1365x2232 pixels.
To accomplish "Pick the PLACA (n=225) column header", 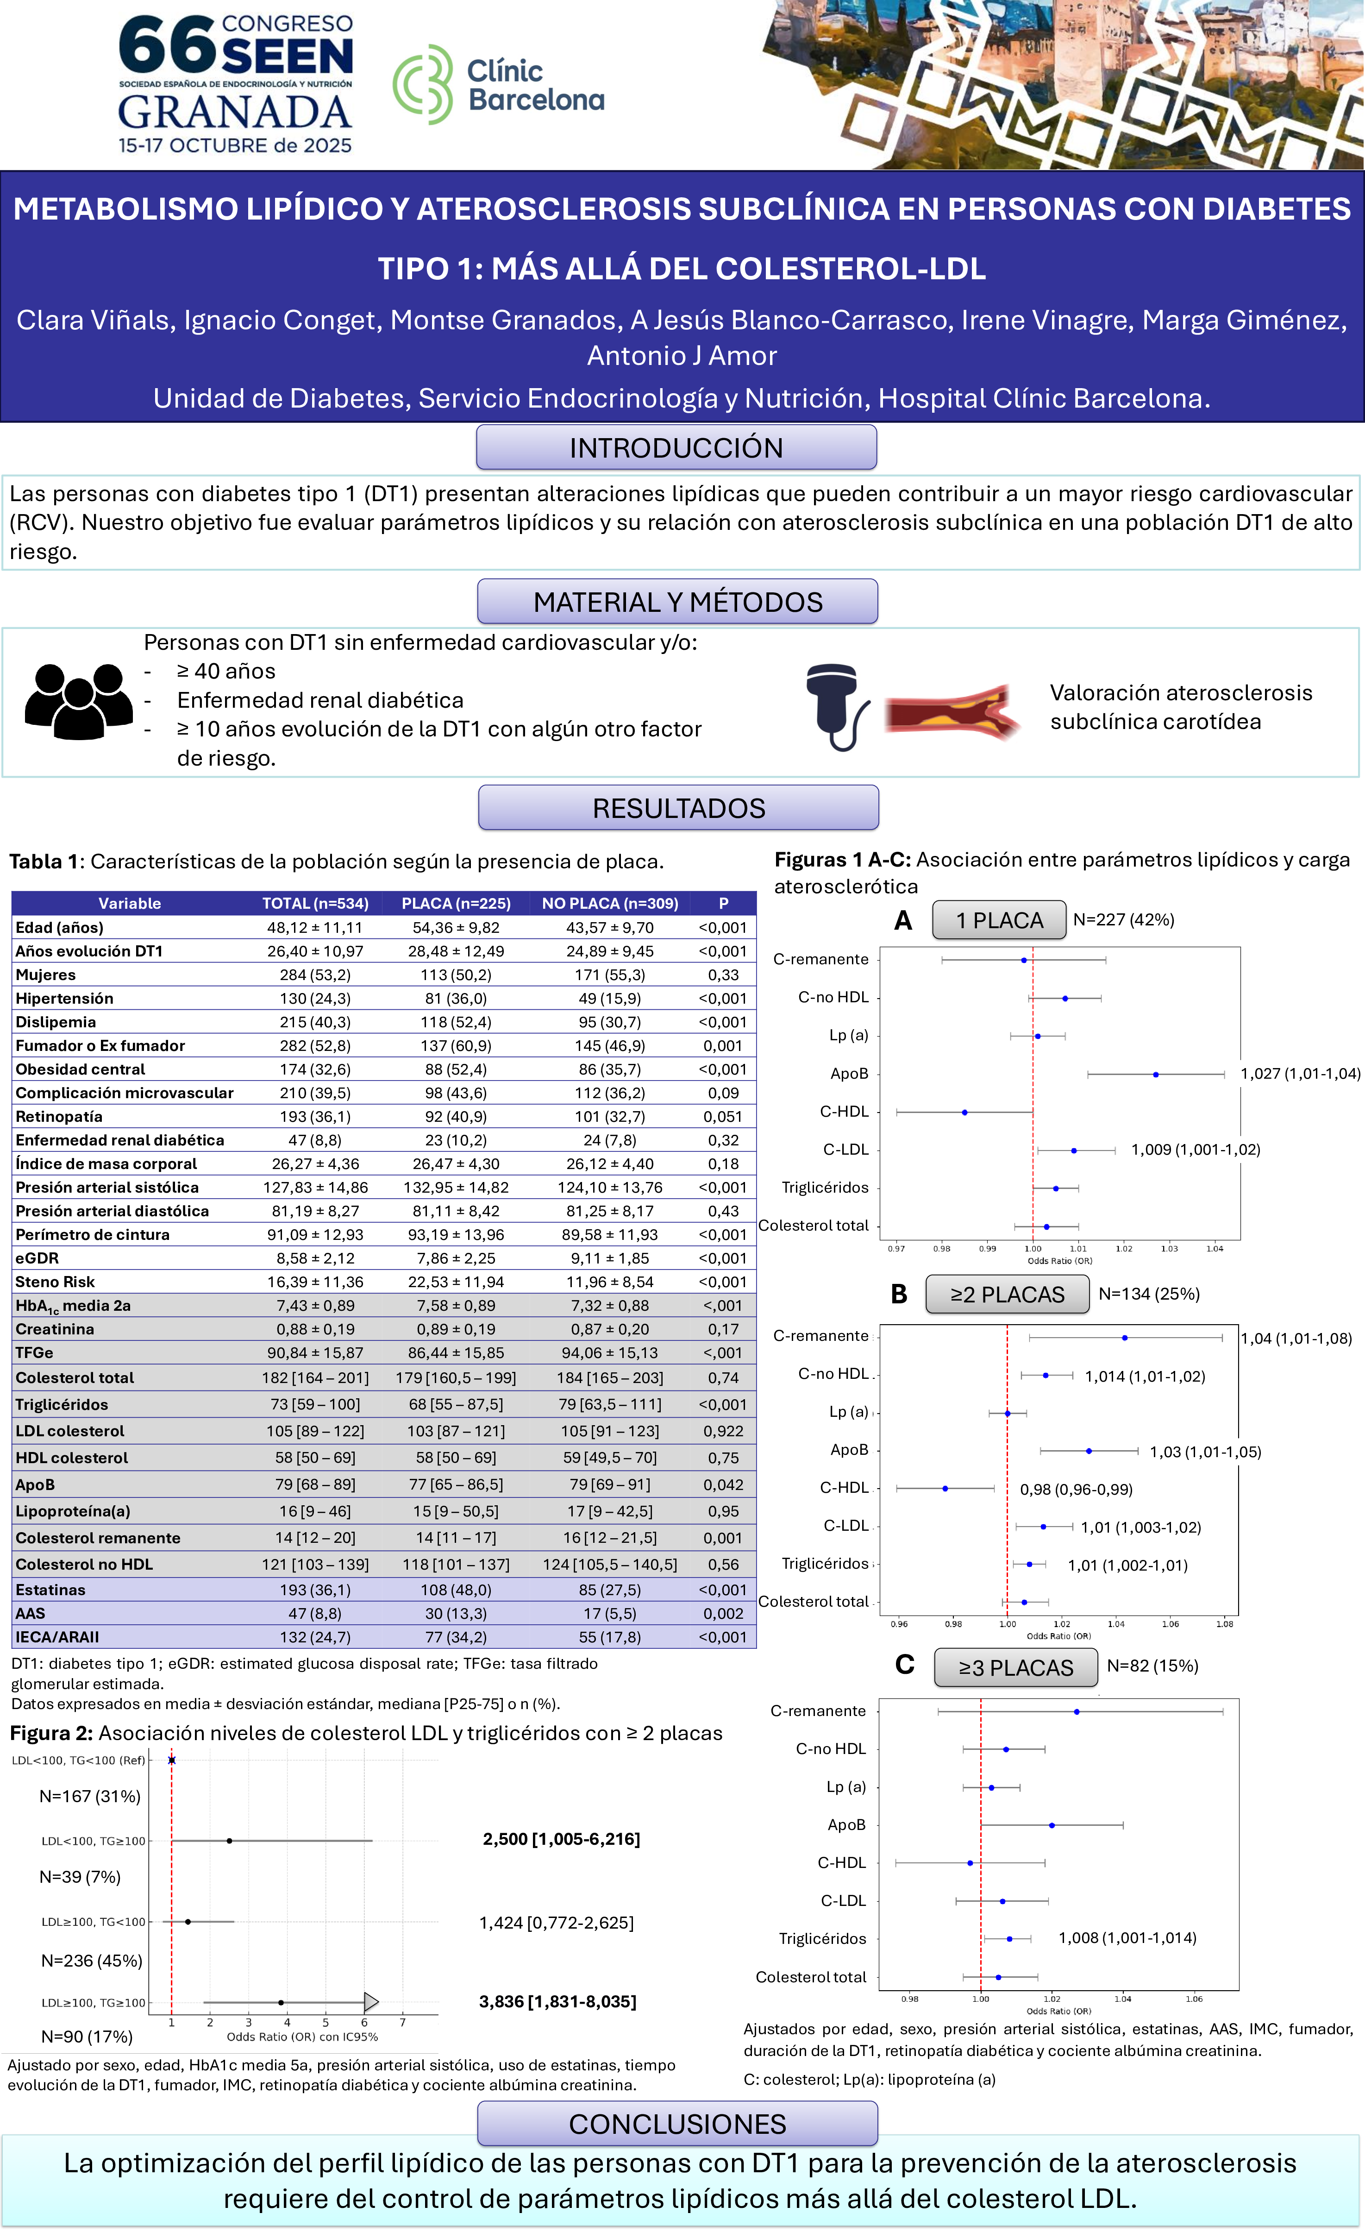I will (x=456, y=903).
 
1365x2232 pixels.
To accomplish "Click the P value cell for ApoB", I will (x=723, y=1484).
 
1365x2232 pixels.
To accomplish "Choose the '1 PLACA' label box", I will (x=999, y=920).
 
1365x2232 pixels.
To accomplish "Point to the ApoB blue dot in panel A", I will (x=1156, y=1075).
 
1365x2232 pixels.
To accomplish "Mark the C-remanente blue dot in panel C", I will (x=1076, y=1711).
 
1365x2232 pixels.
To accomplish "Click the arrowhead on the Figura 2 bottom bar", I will (x=370, y=2002).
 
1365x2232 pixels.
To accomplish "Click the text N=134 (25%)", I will (x=1148, y=1294).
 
